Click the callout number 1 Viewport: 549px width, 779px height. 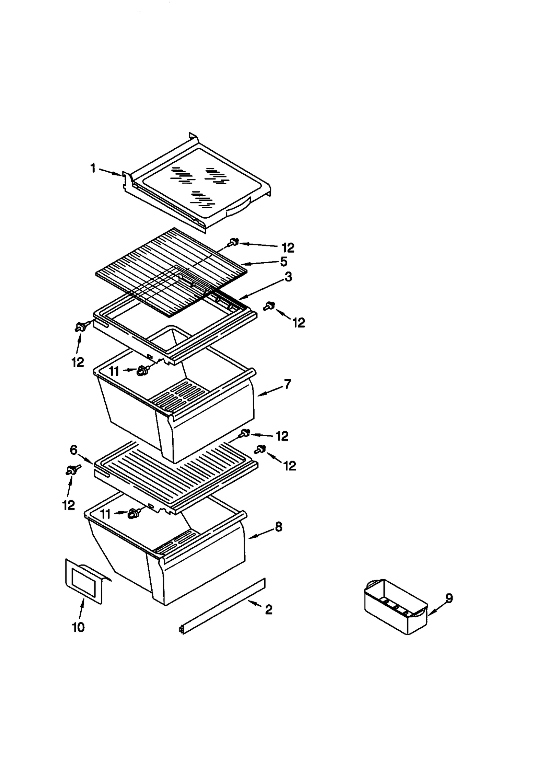(x=93, y=168)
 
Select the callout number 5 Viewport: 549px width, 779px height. (x=283, y=261)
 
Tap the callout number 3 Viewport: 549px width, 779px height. (x=288, y=277)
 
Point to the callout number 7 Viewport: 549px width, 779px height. (x=287, y=384)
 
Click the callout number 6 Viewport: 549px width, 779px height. (x=74, y=450)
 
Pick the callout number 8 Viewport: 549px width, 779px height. (x=279, y=527)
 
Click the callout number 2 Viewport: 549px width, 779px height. (x=269, y=609)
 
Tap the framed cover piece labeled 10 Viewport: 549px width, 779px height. (x=83, y=581)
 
